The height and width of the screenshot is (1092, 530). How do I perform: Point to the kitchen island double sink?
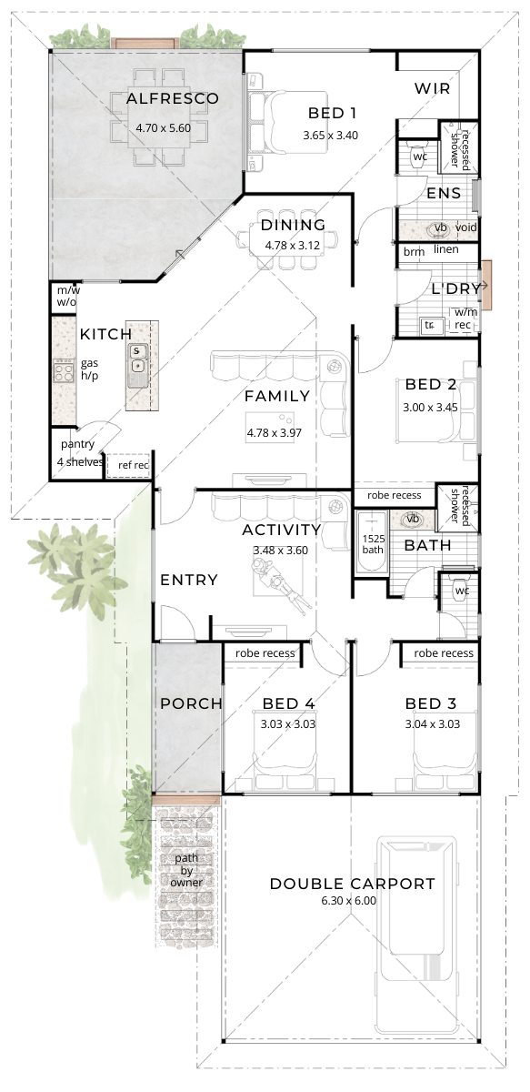coord(136,359)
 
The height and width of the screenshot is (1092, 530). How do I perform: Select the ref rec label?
coord(127,465)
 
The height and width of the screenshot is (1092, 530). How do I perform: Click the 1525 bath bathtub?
coord(371,543)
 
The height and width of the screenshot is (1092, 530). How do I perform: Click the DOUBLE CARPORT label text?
coord(352,884)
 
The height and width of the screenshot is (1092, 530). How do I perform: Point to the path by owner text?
coord(186,870)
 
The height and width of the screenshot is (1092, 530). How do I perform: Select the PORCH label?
coord(191,703)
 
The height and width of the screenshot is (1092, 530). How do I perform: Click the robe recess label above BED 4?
coord(265,653)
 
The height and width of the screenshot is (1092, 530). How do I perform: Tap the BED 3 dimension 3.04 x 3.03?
coord(432,724)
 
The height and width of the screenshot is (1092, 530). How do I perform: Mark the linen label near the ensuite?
coord(446,249)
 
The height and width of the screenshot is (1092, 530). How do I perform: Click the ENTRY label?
coord(188,580)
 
